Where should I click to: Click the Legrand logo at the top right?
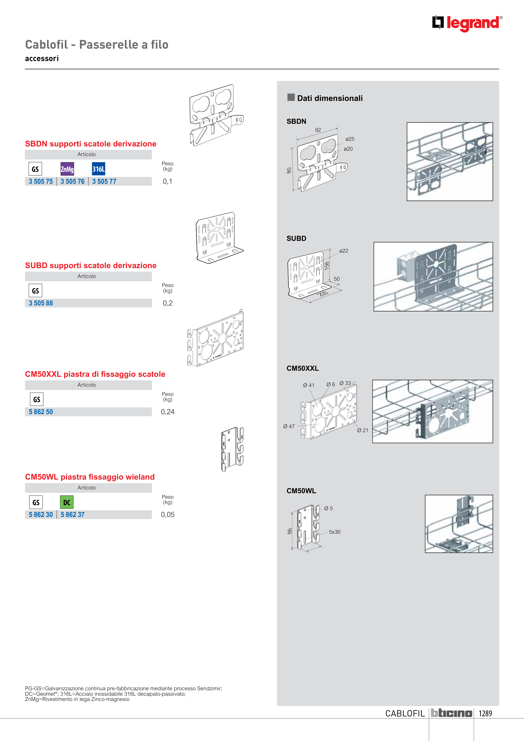(x=467, y=23)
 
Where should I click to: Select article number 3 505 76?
(x=72, y=181)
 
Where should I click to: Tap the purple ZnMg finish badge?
(x=67, y=169)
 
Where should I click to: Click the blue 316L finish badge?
(x=98, y=169)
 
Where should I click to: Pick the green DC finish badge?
(x=67, y=502)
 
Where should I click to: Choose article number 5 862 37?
(x=72, y=514)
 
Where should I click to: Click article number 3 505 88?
(x=41, y=303)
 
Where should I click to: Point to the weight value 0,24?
(x=167, y=412)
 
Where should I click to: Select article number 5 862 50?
(x=41, y=412)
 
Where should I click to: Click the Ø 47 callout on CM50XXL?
(x=289, y=426)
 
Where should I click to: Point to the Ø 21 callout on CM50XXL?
(x=363, y=430)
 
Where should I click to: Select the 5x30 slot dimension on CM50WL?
(x=335, y=532)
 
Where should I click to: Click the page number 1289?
(x=485, y=713)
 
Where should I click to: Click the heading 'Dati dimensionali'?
(x=330, y=98)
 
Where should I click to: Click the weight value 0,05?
(x=167, y=514)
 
